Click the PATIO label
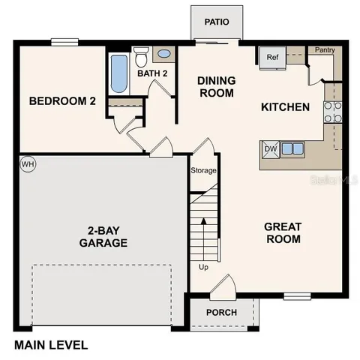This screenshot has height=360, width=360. [x=216, y=22]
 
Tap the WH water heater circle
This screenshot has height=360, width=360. [x=28, y=164]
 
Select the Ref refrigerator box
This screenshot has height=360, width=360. [x=271, y=57]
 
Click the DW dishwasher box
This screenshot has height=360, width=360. [x=270, y=149]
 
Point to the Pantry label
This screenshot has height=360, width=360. [x=325, y=50]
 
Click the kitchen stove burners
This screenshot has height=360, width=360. [x=332, y=112]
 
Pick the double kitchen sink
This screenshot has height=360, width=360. [x=292, y=148]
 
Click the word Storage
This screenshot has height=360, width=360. [x=203, y=171]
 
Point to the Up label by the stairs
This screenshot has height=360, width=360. [x=203, y=267]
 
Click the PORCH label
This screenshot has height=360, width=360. [x=221, y=313]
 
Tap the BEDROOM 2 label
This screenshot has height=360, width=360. [x=61, y=101]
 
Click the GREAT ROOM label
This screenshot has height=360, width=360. [x=283, y=232]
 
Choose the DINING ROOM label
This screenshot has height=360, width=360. [x=216, y=87]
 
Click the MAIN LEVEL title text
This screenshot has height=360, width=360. [x=51, y=346]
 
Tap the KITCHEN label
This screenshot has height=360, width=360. [x=285, y=107]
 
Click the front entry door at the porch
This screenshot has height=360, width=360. [x=222, y=288]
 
